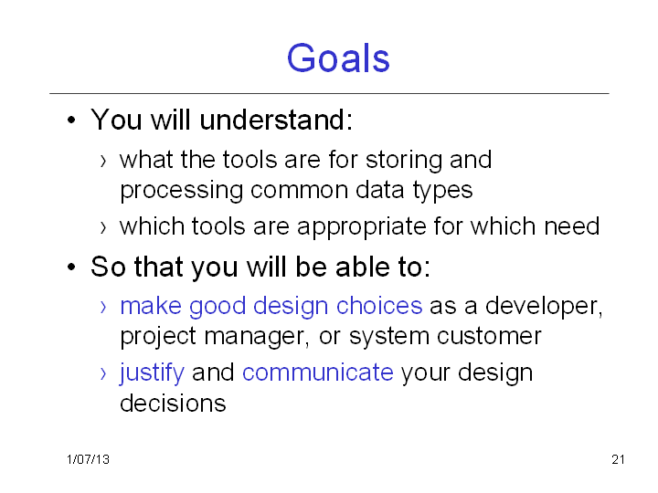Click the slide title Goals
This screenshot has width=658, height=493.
click(338, 58)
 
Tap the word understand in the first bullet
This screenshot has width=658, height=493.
click(272, 120)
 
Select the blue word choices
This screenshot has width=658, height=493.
click(379, 306)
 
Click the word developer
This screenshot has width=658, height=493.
click(544, 307)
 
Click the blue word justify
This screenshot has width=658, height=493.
click(152, 373)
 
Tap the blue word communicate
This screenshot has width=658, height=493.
click(318, 372)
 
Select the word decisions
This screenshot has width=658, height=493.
click(173, 404)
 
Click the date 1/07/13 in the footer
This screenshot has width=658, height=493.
click(88, 459)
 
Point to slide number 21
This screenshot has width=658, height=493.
click(618, 459)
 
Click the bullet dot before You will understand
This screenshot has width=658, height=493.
click(71, 121)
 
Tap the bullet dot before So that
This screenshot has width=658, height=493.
click(71, 267)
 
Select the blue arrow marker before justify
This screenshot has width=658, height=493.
click(103, 373)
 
